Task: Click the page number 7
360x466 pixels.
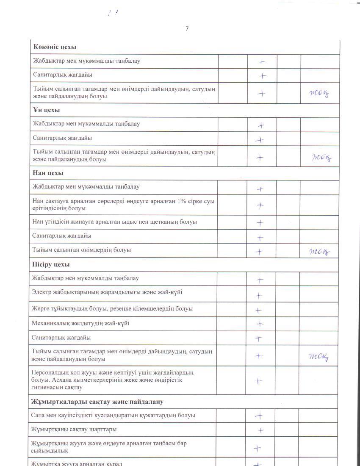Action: (187, 28)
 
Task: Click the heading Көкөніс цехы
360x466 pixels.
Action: (55, 47)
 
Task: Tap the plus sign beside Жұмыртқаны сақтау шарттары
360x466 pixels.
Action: (261, 430)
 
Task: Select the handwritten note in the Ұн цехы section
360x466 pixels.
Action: (322, 158)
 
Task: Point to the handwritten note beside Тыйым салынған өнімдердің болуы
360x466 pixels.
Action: (319, 252)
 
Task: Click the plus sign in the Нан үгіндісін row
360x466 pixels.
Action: (260, 223)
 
